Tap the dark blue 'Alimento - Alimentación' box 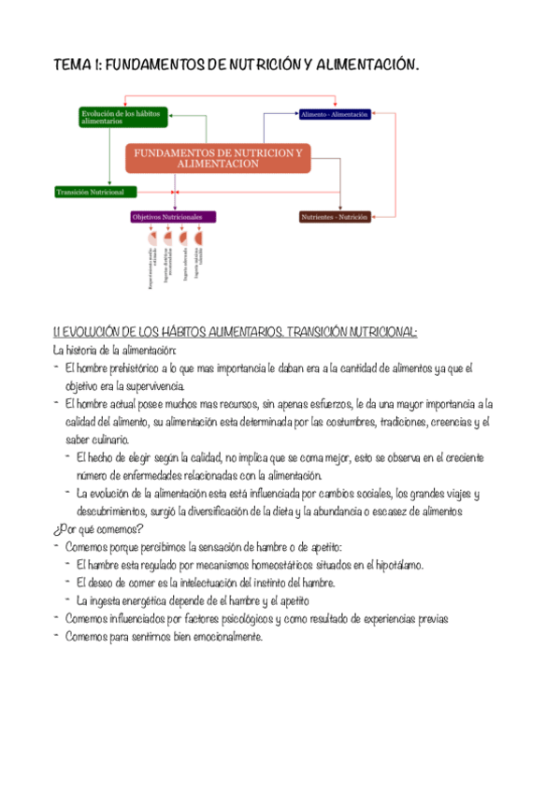pyautogui.click(x=335, y=114)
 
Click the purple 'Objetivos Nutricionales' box pyautogui.click(x=173, y=216)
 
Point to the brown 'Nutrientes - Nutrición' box pyautogui.click(x=334, y=217)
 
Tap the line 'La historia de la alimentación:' pyautogui.click(x=108, y=350)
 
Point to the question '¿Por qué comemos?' pyautogui.click(x=96, y=528)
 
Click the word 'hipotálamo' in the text pyautogui.click(x=396, y=565)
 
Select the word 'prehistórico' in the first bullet pyautogui.click(x=132, y=368)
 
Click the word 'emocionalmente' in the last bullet pyautogui.click(x=219, y=637)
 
